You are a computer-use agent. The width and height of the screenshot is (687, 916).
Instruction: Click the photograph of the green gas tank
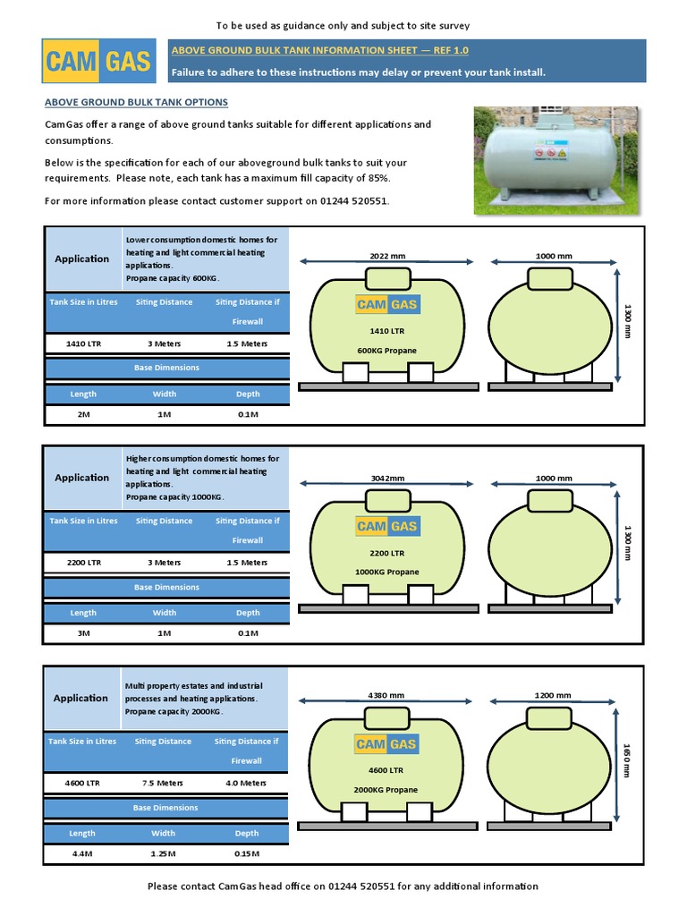557,161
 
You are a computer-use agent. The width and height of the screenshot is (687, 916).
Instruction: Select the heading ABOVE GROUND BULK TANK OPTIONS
136,102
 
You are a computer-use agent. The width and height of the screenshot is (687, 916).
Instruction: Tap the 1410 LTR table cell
83,343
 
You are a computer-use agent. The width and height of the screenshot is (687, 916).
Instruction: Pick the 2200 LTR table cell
83,563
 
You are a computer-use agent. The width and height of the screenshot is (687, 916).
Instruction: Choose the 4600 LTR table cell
83,783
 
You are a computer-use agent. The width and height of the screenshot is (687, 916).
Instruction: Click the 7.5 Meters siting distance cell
164,783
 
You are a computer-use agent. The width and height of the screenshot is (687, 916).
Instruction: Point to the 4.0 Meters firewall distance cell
247,783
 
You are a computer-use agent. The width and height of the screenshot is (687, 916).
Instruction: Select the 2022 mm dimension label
387,256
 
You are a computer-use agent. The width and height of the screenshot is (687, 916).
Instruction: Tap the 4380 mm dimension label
386,695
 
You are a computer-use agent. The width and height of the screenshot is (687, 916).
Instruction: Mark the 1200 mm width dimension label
553,695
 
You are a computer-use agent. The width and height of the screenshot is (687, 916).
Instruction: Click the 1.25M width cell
164,853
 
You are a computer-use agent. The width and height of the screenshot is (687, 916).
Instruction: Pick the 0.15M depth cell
247,853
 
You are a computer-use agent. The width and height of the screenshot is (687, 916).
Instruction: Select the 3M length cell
83,633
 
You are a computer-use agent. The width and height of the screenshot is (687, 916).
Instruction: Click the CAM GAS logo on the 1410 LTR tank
387,305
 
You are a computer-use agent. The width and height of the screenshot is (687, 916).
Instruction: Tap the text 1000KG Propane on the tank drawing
386,572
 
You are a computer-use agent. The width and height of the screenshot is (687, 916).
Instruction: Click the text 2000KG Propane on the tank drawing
386,790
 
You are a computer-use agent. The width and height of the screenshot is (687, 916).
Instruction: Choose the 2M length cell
83,414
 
